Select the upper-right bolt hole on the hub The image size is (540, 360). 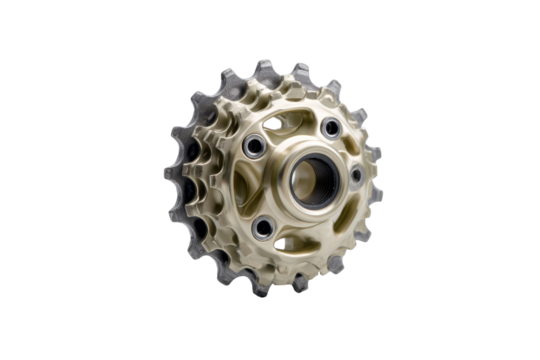pos(331,127)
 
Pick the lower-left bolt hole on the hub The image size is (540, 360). pos(263,228)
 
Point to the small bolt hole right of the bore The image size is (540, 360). pos(356,175)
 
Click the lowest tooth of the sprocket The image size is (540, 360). pos(259,291)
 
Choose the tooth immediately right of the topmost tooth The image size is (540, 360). pos(299,72)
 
